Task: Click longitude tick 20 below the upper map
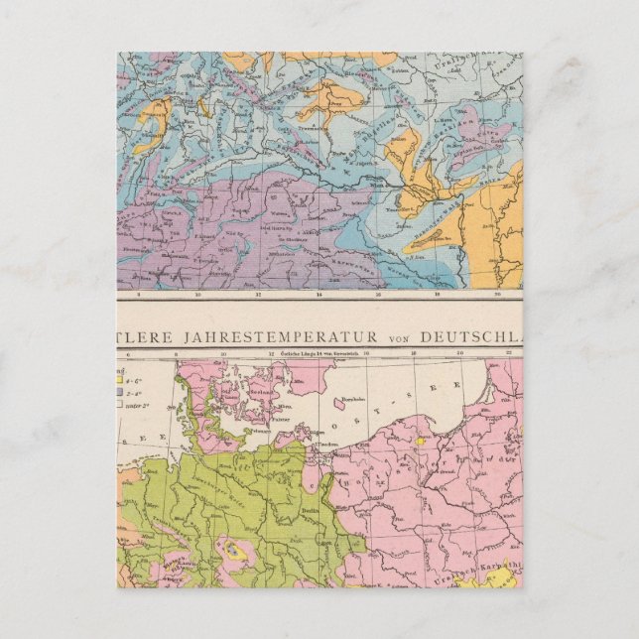click(462, 294)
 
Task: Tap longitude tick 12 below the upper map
click(258, 294)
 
